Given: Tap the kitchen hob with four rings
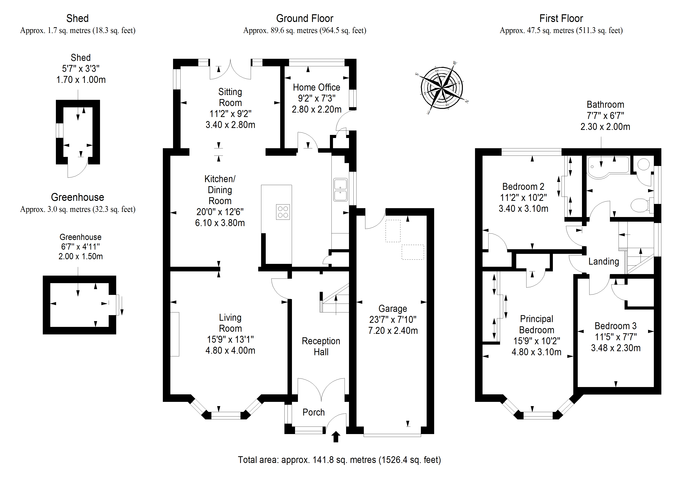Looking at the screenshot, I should tap(283, 212).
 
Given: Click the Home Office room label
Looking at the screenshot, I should tap(316, 88).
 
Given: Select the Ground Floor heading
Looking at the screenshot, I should tap(304, 19).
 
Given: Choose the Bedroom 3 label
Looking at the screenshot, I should tap(615, 326).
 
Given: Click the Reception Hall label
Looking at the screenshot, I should tap(321, 346).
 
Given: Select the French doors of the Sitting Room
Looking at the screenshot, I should tap(230, 71).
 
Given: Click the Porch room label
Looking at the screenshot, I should tap(314, 412).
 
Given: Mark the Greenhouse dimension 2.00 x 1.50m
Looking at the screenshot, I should tap(80, 257).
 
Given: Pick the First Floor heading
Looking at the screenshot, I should tap(561, 19).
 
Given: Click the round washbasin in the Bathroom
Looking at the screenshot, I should tap(643, 164).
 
